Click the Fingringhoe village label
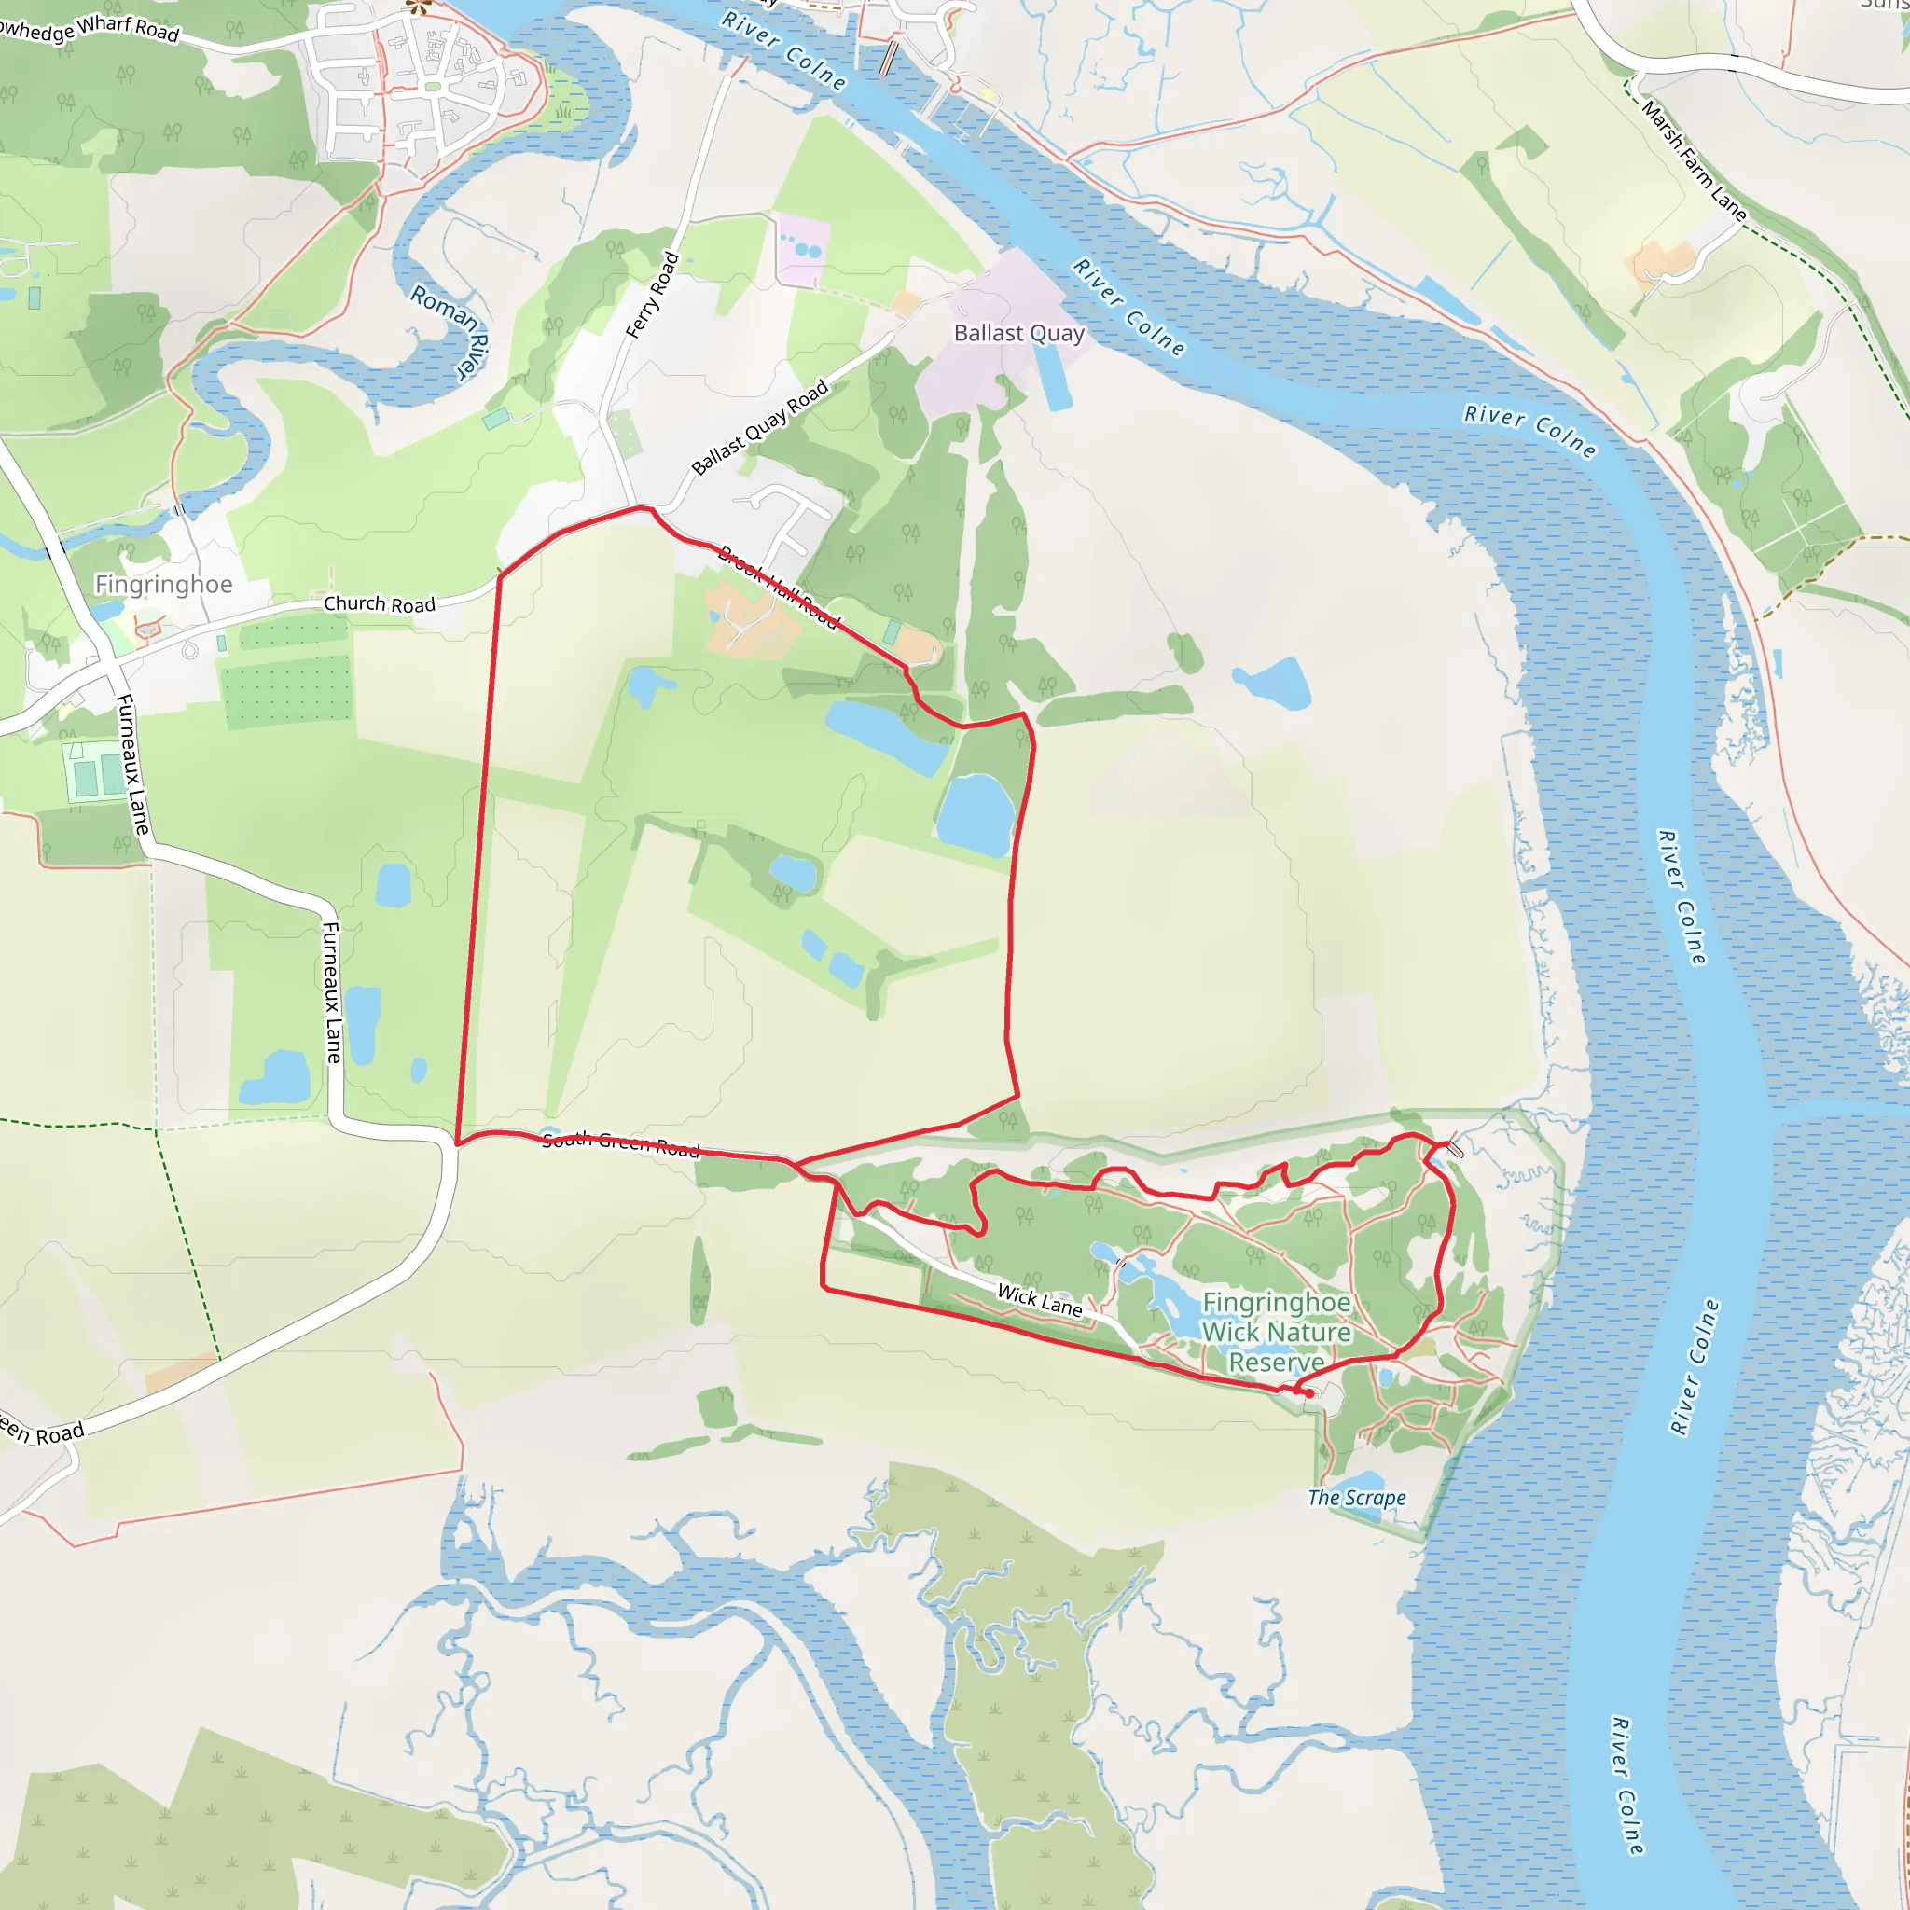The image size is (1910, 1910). [x=164, y=584]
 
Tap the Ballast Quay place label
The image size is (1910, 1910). [x=1018, y=333]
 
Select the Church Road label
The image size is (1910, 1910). [x=380, y=604]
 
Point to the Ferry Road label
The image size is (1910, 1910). [x=653, y=295]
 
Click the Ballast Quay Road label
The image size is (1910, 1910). [x=759, y=427]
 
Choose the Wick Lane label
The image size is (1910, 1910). [x=1039, y=1299]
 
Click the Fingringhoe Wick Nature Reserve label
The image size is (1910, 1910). [x=1277, y=1332]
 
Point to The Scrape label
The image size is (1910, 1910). [x=1356, y=1498]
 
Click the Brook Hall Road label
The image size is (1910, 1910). [x=779, y=588]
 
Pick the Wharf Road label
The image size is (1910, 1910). [x=129, y=27]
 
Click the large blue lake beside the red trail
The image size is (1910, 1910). [x=976, y=814]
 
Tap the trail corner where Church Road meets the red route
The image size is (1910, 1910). [x=499, y=575]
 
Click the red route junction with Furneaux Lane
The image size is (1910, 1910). [x=456, y=1143]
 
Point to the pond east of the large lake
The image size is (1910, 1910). [x=1273, y=682]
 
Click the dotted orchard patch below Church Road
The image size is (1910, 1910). [x=286, y=689]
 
